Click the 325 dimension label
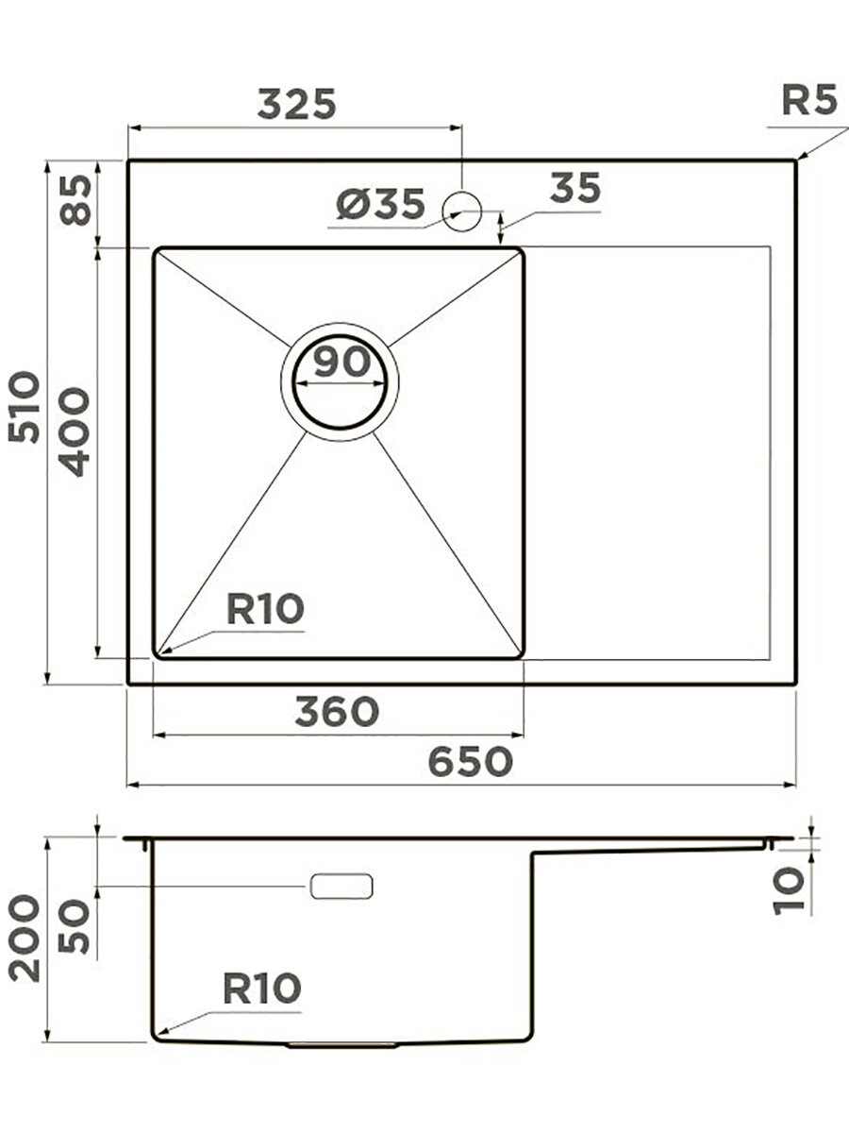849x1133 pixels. click(x=296, y=104)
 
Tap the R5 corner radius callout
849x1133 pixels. click(x=808, y=101)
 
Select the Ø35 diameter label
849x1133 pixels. click(x=380, y=203)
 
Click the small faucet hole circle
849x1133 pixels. click(x=462, y=211)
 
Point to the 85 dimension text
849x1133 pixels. click(x=75, y=200)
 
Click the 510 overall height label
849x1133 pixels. click(x=24, y=407)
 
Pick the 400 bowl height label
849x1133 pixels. click(x=74, y=431)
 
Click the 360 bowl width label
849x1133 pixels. click(x=337, y=711)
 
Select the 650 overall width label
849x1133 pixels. click(x=470, y=761)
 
